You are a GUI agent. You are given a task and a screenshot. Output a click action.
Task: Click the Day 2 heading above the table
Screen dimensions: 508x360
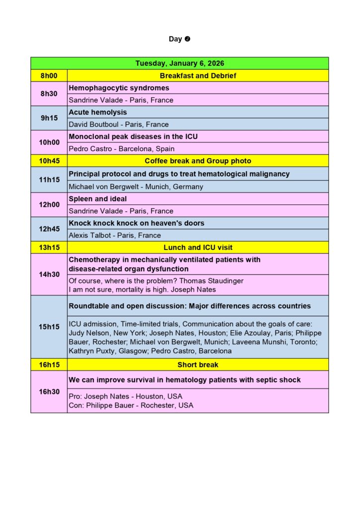point(179,39)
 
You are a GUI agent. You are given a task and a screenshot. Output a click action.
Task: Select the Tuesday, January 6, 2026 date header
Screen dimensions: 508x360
point(179,63)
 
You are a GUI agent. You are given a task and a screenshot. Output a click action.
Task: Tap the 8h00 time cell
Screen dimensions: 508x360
point(49,76)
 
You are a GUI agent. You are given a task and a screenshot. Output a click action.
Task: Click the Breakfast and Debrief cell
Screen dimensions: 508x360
point(198,76)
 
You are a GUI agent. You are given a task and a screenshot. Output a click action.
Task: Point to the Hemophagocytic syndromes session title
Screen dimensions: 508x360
point(119,88)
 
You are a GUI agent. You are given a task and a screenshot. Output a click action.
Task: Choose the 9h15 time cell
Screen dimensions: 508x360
point(49,118)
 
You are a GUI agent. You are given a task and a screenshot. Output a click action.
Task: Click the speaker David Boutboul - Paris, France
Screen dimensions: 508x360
point(119,125)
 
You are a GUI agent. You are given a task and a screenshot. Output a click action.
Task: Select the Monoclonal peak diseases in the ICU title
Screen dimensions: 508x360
point(134,136)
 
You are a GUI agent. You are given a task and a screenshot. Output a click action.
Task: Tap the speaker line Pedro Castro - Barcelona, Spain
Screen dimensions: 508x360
point(122,149)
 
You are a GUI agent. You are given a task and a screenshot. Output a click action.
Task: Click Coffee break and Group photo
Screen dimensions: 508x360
point(198,161)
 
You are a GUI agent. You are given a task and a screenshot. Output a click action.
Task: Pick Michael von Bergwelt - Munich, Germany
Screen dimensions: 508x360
point(136,187)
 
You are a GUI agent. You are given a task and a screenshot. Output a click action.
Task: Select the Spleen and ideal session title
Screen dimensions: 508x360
point(98,199)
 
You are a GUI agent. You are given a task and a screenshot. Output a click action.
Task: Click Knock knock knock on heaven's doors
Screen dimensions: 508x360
point(137,223)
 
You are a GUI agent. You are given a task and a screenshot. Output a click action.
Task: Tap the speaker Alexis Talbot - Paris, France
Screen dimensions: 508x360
point(115,236)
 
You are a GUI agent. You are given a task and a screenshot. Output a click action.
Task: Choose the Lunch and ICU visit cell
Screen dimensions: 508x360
point(198,248)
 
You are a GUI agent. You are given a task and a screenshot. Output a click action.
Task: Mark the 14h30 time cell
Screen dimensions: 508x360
point(49,274)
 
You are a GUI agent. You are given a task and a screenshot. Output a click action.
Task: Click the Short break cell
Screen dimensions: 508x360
point(198,365)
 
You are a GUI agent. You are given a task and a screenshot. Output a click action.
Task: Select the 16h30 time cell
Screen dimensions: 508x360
point(49,392)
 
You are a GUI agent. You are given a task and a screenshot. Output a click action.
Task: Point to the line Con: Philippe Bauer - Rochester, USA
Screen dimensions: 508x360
point(131,405)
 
